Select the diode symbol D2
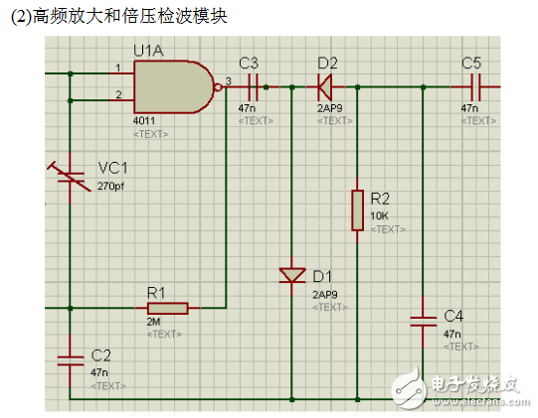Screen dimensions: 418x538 (x=324, y=86)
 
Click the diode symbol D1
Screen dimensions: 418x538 (x=291, y=275)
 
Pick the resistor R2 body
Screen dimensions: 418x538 (x=356, y=210)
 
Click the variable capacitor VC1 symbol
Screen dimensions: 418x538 (x=72, y=178)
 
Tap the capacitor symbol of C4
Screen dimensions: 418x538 (x=424, y=321)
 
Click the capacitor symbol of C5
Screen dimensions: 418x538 (x=472, y=86)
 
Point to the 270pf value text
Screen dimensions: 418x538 (x=110, y=186)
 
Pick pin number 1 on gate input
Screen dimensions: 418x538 (x=117, y=69)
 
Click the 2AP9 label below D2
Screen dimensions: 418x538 (x=329, y=107)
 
